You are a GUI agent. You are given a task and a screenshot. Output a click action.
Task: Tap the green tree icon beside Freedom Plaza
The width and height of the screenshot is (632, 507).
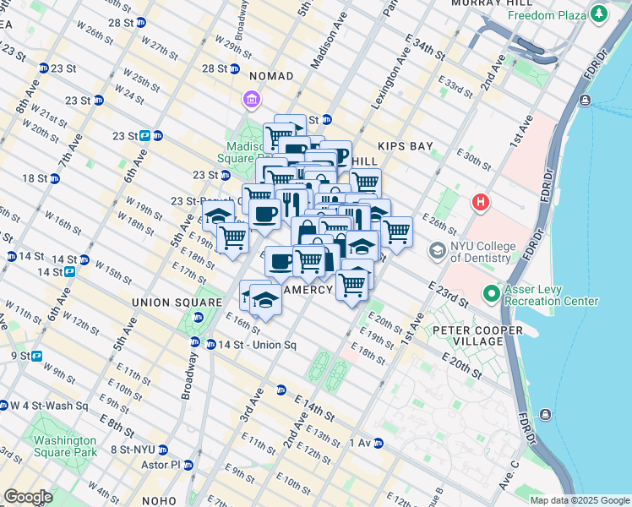tap(599, 14)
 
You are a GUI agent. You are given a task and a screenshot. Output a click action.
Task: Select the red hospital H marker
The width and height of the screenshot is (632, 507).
tap(481, 203)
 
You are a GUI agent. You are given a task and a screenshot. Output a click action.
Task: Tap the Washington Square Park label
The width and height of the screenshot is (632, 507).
tap(64, 446)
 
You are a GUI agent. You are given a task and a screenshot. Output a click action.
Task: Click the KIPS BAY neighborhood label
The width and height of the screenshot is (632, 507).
tap(406, 146)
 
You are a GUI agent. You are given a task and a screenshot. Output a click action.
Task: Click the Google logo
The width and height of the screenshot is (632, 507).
tap(28, 497)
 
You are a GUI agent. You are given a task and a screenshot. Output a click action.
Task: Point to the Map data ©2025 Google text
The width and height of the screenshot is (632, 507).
tap(579, 500)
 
